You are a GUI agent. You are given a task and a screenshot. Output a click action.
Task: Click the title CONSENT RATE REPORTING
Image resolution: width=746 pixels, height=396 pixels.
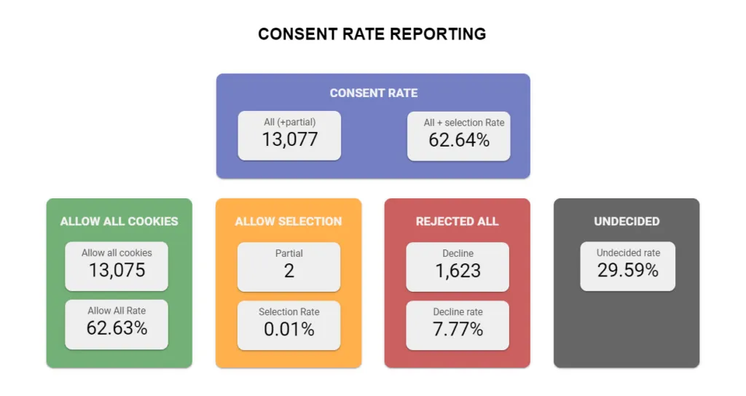click(x=372, y=34)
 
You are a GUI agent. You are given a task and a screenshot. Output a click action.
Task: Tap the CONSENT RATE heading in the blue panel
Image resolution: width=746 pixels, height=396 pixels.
click(x=374, y=93)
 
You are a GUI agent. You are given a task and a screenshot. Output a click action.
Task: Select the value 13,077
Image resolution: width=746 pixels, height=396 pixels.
click(x=290, y=139)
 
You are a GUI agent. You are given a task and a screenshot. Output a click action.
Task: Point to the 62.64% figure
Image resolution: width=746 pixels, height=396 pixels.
click(x=459, y=140)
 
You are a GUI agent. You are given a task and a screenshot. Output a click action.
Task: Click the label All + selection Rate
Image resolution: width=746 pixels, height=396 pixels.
click(x=464, y=123)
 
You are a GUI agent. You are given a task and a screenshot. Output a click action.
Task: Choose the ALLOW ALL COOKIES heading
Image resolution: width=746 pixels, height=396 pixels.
click(x=119, y=221)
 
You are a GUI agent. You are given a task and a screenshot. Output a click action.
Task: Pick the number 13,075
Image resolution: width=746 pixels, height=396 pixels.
click(x=117, y=270)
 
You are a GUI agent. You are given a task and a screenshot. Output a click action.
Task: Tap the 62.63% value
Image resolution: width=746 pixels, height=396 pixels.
click(x=117, y=328)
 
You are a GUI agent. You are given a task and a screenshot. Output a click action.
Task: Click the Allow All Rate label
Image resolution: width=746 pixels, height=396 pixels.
click(x=117, y=311)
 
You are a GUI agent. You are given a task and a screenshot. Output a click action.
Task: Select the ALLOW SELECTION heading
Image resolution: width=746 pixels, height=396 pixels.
click(x=288, y=221)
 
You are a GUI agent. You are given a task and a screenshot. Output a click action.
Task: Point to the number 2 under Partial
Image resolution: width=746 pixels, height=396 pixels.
click(x=289, y=271)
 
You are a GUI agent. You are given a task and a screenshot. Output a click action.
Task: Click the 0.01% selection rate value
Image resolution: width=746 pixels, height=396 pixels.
click(x=289, y=330)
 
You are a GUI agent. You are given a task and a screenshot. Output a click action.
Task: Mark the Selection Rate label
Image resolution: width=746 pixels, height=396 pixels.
click(x=288, y=311)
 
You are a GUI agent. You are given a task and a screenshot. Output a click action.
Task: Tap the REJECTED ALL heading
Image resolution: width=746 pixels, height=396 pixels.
click(x=458, y=221)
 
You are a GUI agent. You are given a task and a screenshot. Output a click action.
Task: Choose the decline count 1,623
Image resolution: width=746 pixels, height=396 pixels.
click(x=458, y=271)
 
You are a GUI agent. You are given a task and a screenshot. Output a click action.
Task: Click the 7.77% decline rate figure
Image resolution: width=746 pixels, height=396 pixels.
click(x=458, y=330)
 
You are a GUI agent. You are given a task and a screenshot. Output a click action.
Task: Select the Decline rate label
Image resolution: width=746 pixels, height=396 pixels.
click(x=458, y=311)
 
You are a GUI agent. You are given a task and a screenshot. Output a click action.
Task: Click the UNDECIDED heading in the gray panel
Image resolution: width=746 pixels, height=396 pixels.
click(x=627, y=221)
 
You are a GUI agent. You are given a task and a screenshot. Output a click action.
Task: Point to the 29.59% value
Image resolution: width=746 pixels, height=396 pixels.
click(x=628, y=270)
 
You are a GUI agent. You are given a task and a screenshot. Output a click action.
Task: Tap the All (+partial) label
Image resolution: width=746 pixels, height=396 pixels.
click(x=290, y=122)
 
